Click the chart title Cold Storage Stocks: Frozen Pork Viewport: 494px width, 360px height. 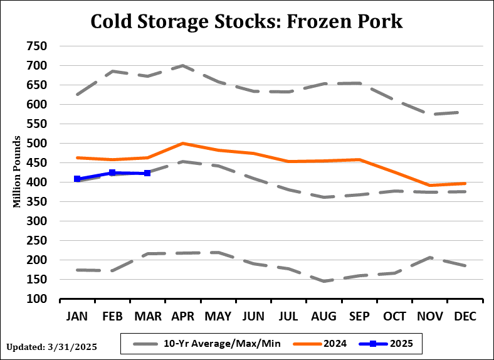click(x=246, y=21)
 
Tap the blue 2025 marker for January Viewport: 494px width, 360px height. click(x=77, y=179)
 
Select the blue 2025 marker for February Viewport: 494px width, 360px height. click(x=112, y=172)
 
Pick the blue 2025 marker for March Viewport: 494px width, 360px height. click(x=147, y=173)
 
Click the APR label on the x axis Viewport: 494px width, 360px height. click(x=182, y=317)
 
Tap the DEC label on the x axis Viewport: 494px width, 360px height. click(x=465, y=317)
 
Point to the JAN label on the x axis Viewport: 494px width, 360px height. click(x=77, y=317)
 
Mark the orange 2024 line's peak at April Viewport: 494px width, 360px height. click(x=182, y=143)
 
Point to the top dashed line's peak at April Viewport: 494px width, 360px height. click(x=182, y=65)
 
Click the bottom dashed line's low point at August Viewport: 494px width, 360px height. click(x=324, y=281)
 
